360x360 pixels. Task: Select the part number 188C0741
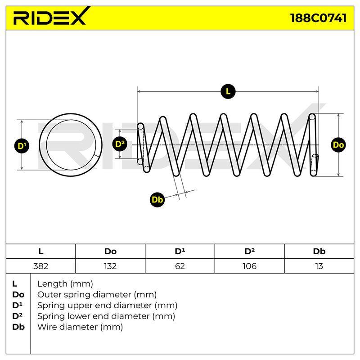[x=319, y=18]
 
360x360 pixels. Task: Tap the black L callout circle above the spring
[x=228, y=92]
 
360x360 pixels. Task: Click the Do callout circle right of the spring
[x=338, y=145]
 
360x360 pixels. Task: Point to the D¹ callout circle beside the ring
[x=22, y=146]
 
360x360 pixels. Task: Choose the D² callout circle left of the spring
[x=120, y=144]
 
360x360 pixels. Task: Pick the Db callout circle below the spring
[x=157, y=199]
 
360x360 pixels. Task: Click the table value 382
[x=40, y=266]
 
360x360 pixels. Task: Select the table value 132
[x=110, y=266]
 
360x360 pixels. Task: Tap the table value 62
[x=180, y=266]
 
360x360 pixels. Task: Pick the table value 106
[x=249, y=266]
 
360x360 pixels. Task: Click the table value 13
[x=319, y=266]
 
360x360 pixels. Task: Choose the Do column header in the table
[x=110, y=252]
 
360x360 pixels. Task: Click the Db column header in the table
[x=319, y=252]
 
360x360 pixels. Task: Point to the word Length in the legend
[x=52, y=284]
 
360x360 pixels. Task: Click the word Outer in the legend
[x=49, y=295]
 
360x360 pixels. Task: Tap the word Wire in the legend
[x=48, y=327]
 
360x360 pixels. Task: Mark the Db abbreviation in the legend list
[x=18, y=327]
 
